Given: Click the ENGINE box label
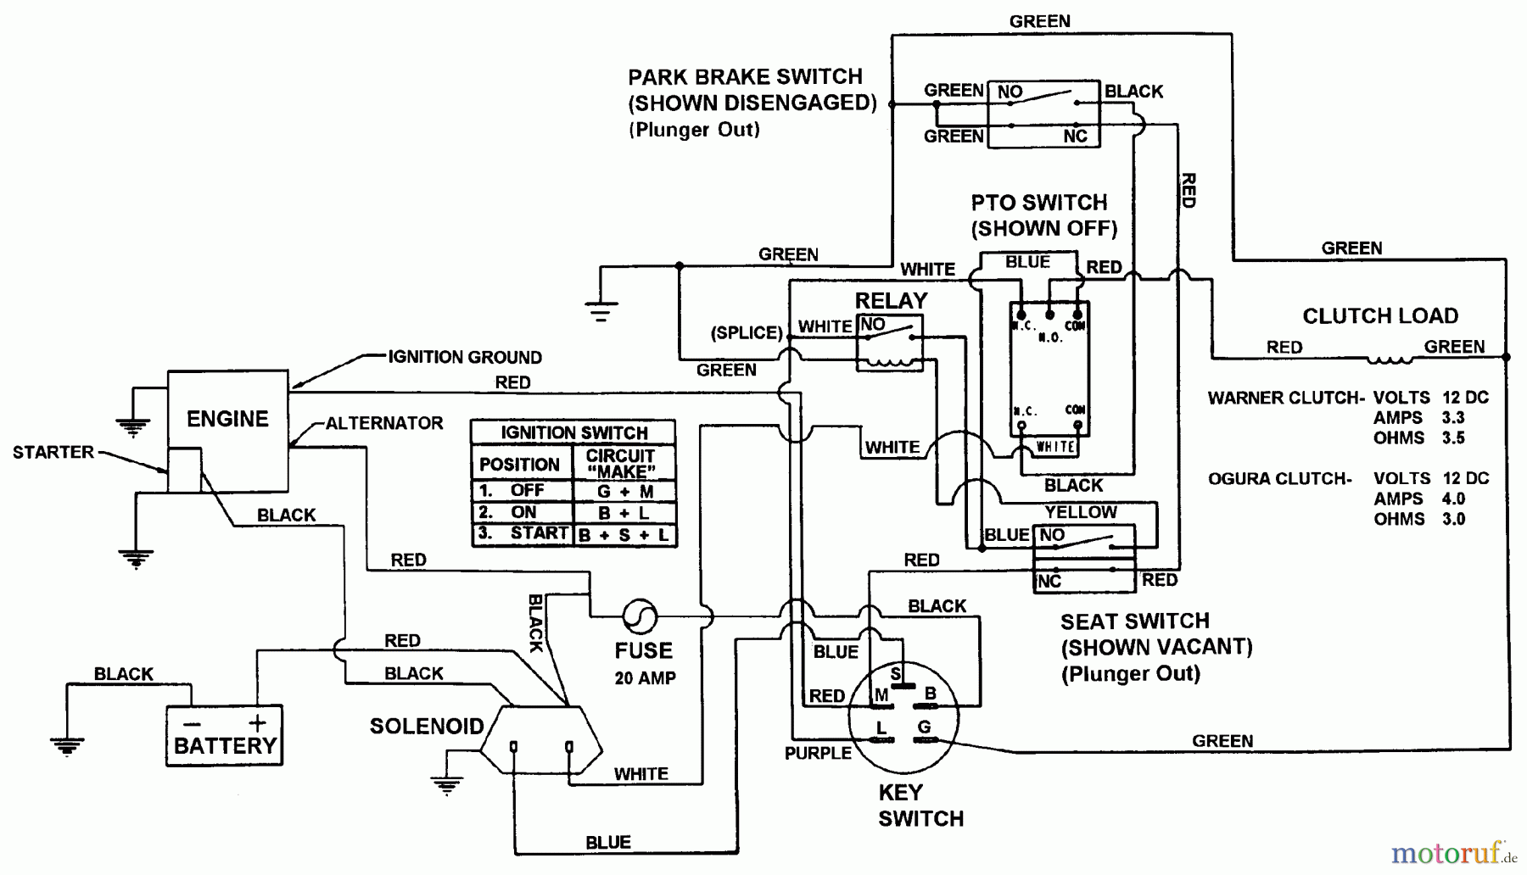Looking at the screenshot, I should click(227, 419).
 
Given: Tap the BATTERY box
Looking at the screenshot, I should click(224, 736).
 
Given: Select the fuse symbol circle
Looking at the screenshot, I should click(640, 616).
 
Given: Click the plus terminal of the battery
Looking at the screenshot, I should click(257, 723).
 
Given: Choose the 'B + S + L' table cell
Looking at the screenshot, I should click(624, 535).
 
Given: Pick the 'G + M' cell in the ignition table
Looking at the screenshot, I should click(625, 491).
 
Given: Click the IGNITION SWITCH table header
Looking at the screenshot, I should click(573, 432).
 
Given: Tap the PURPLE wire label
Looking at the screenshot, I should click(818, 753).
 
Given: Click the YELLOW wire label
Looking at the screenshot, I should click(1081, 512).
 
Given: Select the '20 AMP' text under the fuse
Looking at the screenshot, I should click(645, 678).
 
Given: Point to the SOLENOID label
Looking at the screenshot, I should click(426, 726).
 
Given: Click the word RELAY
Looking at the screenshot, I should click(891, 301).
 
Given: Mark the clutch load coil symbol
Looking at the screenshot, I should click(1389, 359).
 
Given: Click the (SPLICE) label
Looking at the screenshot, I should click(747, 332).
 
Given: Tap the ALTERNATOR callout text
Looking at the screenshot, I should click(384, 423).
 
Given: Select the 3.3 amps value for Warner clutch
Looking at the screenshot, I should click(1453, 418).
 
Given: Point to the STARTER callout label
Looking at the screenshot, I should click(53, 453).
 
